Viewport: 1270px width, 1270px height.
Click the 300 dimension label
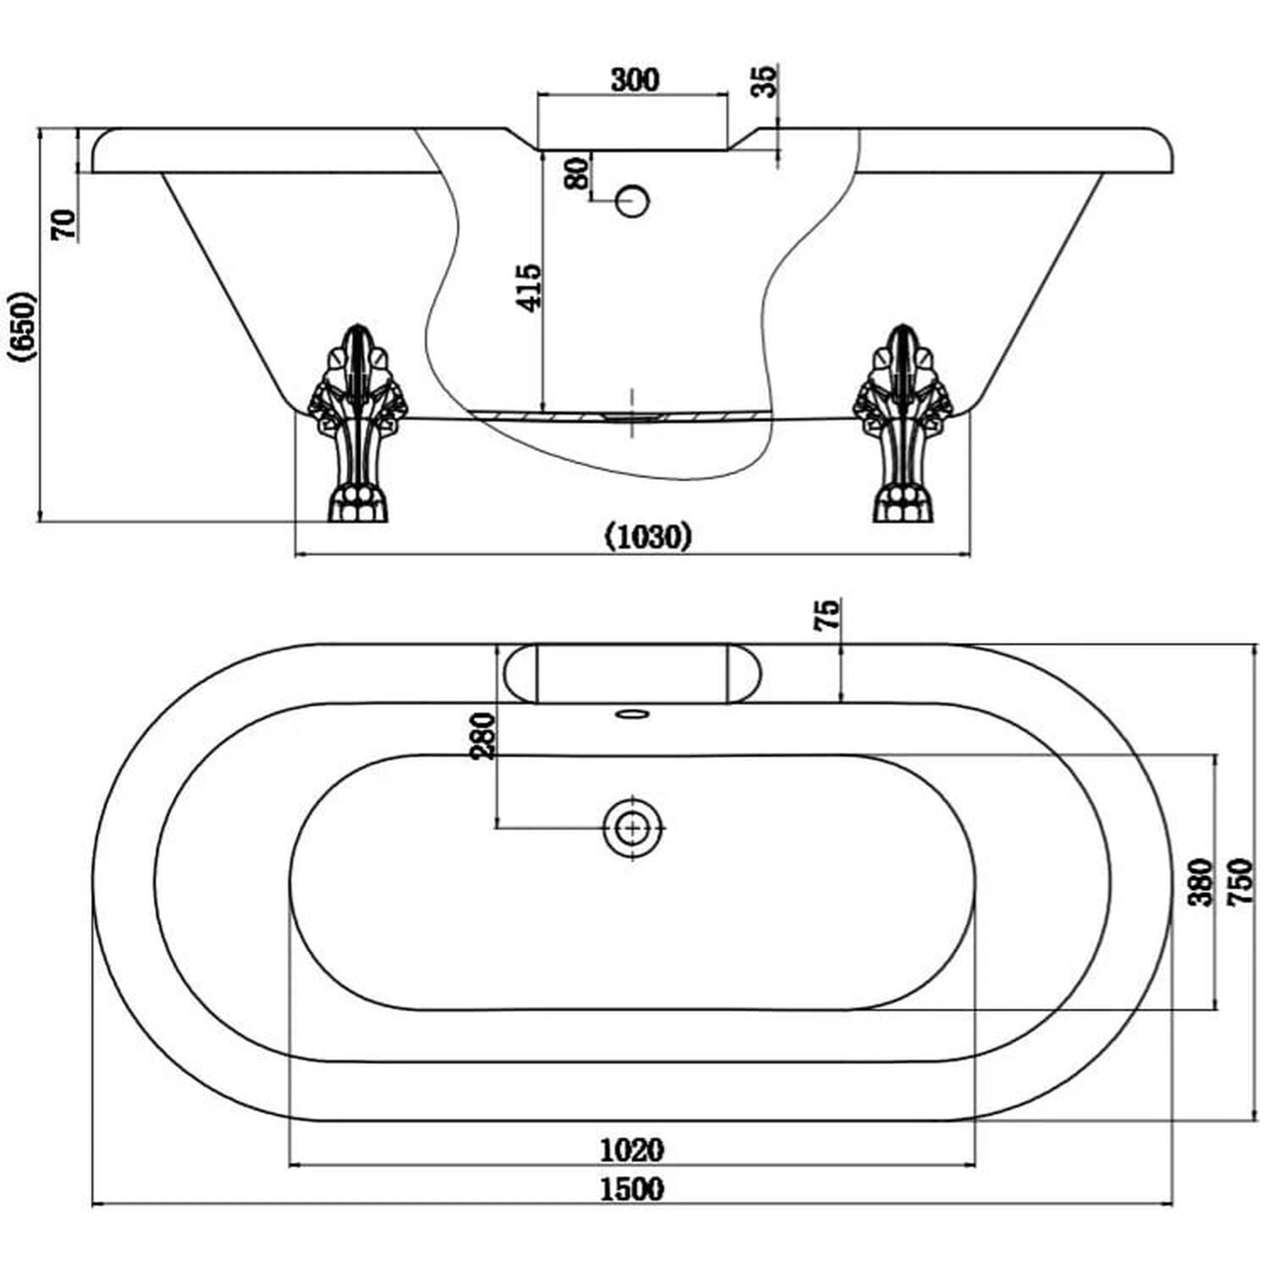pyautogui.click(x=634, y=80)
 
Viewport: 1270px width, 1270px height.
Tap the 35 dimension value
pyautogui.click(x=765, y=81)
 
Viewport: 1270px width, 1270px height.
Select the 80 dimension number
pyautogui.click(x=577, y=174)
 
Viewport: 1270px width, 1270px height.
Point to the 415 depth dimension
pyautogui.click(x=529, y=288)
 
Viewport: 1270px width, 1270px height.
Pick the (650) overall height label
pyautogui.click(x=22, y=327)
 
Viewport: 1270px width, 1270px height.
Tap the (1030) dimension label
pyautogui.click(x=649, y=537)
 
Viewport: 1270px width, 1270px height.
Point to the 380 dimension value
pyautogui.click(x=1201, y=882)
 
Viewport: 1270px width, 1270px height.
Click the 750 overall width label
pyautogui.click(x=1240, y=882)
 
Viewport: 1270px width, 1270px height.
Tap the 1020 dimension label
pyautogui.click(x=632, y=1149)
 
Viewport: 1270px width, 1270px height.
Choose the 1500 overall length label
pyautogui.click(x=632, y=1189)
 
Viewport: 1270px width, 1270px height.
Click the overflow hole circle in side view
pyautogui.click(x=632, y=200)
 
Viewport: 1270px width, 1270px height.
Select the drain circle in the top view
pyautogui.click(x=632, y=826)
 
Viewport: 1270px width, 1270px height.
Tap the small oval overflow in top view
pyautogui.click(x=632, y=714)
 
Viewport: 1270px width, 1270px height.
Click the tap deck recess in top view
pyautogui.click(x=632, y=674)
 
